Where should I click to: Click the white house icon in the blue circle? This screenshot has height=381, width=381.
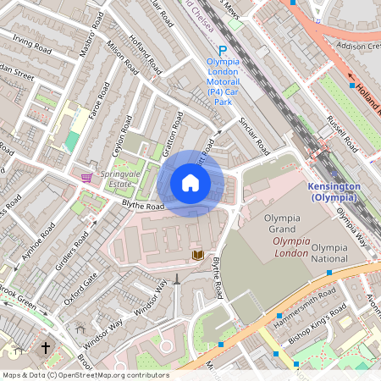[190, 183]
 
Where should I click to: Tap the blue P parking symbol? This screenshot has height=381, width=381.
[223, 52]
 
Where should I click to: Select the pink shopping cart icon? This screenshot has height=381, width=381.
[86, 177]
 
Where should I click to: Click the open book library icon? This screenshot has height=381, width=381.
[197, 255]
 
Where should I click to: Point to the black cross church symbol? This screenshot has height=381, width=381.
[46, 347]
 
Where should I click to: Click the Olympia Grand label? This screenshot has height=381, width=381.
[284, 223]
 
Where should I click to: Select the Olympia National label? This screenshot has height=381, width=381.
[329, 253]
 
